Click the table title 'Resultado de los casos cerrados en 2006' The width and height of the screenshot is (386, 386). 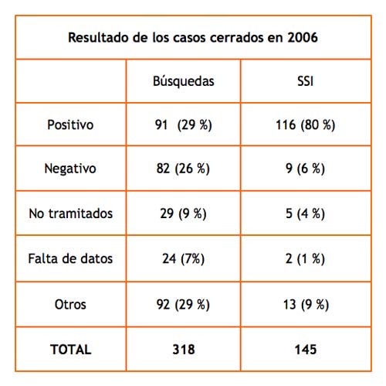tap(193, 38)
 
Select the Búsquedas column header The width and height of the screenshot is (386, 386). tap(184, 81)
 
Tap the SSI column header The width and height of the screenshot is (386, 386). tap(306, 81)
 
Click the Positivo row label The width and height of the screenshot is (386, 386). tap(70, 125)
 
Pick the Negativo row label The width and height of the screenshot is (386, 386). tap(70, 169)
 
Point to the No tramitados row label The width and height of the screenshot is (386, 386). tap(71, 213)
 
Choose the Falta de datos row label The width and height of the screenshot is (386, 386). tap(70, 258)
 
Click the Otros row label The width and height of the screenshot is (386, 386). tap(70, 304)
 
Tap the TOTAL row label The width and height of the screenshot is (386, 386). tap(71, 350)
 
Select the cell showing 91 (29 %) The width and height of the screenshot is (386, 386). tap(184, 125)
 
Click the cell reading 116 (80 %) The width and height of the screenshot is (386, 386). tap(306, 125)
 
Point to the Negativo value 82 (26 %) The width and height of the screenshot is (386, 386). tap(183, 169)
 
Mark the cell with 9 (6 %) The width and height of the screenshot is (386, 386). tap(305, 169)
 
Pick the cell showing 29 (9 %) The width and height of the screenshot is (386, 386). tap(183, 213)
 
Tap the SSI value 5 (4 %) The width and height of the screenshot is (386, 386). tap(305, 213)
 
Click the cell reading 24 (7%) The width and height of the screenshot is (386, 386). tap(184, 258)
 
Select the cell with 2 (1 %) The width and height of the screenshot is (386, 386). tap(305, 258)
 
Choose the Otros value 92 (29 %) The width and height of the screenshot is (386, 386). tap(183, 305)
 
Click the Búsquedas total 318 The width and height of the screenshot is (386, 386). tap(184, 350)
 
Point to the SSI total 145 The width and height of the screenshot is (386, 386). tap(306, 350)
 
